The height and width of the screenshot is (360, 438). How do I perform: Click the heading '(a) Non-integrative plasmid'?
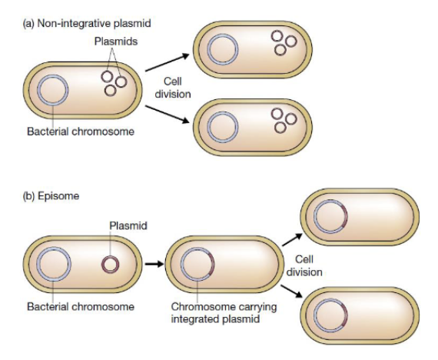point(87,23)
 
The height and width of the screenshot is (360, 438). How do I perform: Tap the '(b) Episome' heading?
point(51,196)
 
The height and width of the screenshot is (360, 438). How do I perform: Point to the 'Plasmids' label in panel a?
point(116,42)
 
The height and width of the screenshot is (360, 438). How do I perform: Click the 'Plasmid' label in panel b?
point(128,225)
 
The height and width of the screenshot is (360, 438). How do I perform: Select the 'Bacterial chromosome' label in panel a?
point(81,132)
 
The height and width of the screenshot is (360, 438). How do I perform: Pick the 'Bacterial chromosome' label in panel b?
point(81,307)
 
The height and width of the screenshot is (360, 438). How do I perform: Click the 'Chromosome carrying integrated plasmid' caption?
point(224,313)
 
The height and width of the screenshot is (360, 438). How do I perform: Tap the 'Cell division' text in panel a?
point(173,88)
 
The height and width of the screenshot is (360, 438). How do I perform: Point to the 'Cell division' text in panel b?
point(304,265)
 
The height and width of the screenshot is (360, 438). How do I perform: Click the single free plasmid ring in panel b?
point(111,256)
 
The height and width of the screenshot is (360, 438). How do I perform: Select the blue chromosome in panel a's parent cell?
point(53,75)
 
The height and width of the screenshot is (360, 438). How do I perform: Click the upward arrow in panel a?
point(168,62)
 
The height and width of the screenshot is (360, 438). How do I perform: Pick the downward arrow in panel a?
point(168,114)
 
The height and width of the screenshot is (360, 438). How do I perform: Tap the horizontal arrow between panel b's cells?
point(154,264)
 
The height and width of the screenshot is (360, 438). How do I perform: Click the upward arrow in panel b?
point(293,240)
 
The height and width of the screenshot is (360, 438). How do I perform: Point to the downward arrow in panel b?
point(292,291)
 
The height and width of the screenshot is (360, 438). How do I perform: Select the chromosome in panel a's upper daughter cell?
point(223,35)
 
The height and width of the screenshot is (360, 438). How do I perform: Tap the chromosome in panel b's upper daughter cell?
point(330,200)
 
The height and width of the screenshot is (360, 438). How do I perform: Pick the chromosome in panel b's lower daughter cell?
point(330,299)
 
